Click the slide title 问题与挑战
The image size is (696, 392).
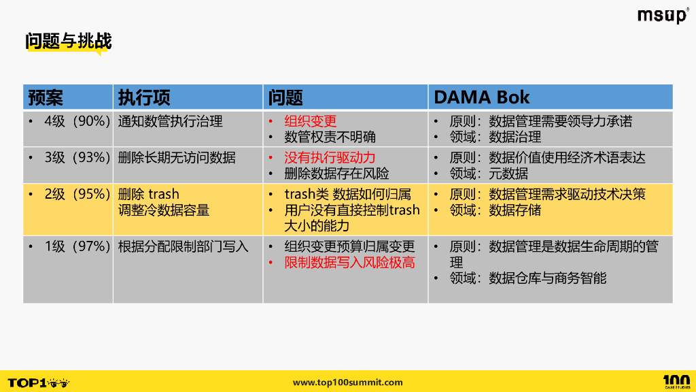68,42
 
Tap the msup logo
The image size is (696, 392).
662,16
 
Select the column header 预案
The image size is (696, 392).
46,97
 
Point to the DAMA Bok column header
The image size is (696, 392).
481,97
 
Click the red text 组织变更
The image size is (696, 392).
310,121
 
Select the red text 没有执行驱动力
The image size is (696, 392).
330,158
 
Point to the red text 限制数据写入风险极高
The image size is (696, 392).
349,263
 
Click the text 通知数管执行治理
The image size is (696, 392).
170,121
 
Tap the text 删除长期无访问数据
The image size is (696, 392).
177,158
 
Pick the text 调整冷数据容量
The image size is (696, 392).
163,210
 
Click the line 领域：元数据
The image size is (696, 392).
488,174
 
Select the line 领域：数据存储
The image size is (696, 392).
495,210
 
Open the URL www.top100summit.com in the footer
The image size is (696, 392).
347,382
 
